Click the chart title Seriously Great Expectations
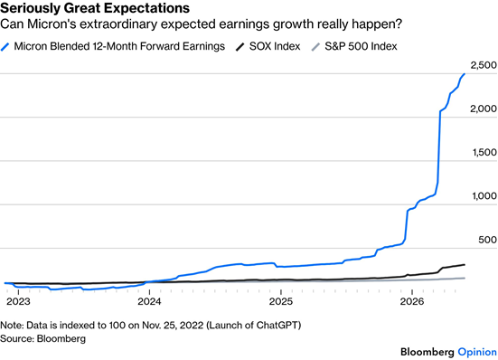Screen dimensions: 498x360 click(95, 8)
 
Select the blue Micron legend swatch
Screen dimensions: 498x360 click(5, 47)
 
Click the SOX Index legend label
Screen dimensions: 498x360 click(275, 46)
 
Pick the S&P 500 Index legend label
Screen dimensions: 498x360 click(361, 46)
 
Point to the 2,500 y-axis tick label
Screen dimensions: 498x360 click(484, 65)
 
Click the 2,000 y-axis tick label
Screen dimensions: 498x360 click(484, 109)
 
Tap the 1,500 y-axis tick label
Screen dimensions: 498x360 click(484, 152)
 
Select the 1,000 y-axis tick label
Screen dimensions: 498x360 click(484, 195)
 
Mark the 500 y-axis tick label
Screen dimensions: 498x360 click(487, 240)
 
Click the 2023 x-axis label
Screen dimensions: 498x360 click(18, 301)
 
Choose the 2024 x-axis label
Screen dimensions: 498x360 click(149, 301)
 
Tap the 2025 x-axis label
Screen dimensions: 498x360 click(281, 301)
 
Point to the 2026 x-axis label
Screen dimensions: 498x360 click(412, 301)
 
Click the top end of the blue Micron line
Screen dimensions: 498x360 click(465, 74)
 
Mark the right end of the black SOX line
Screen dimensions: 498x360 click(465, 265)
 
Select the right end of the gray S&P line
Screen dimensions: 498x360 click(465, 279)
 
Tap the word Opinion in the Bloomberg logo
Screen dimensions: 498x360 click(477, 352)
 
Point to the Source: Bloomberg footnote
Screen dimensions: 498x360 click(42, 338)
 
